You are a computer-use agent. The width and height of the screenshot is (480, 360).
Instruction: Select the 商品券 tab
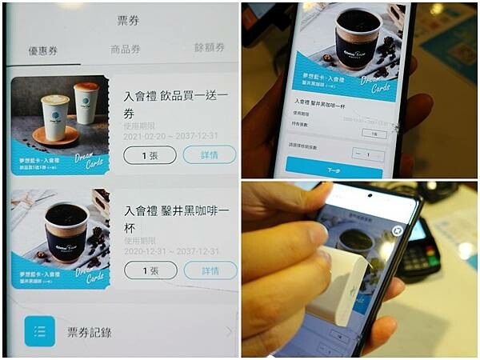click(125, 49)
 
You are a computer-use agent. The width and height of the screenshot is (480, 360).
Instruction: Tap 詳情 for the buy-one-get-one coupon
click(210, 154)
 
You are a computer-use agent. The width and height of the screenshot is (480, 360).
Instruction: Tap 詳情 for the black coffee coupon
click(210, 270)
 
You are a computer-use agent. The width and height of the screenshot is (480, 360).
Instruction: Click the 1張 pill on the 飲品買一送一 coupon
click(150, 154)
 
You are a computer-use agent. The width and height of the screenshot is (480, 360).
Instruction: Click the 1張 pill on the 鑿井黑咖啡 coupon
click(150, 270)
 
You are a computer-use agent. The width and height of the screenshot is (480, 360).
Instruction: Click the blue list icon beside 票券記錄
click(39, 330)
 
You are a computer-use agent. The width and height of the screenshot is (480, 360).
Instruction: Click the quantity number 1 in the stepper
click(367, 154)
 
